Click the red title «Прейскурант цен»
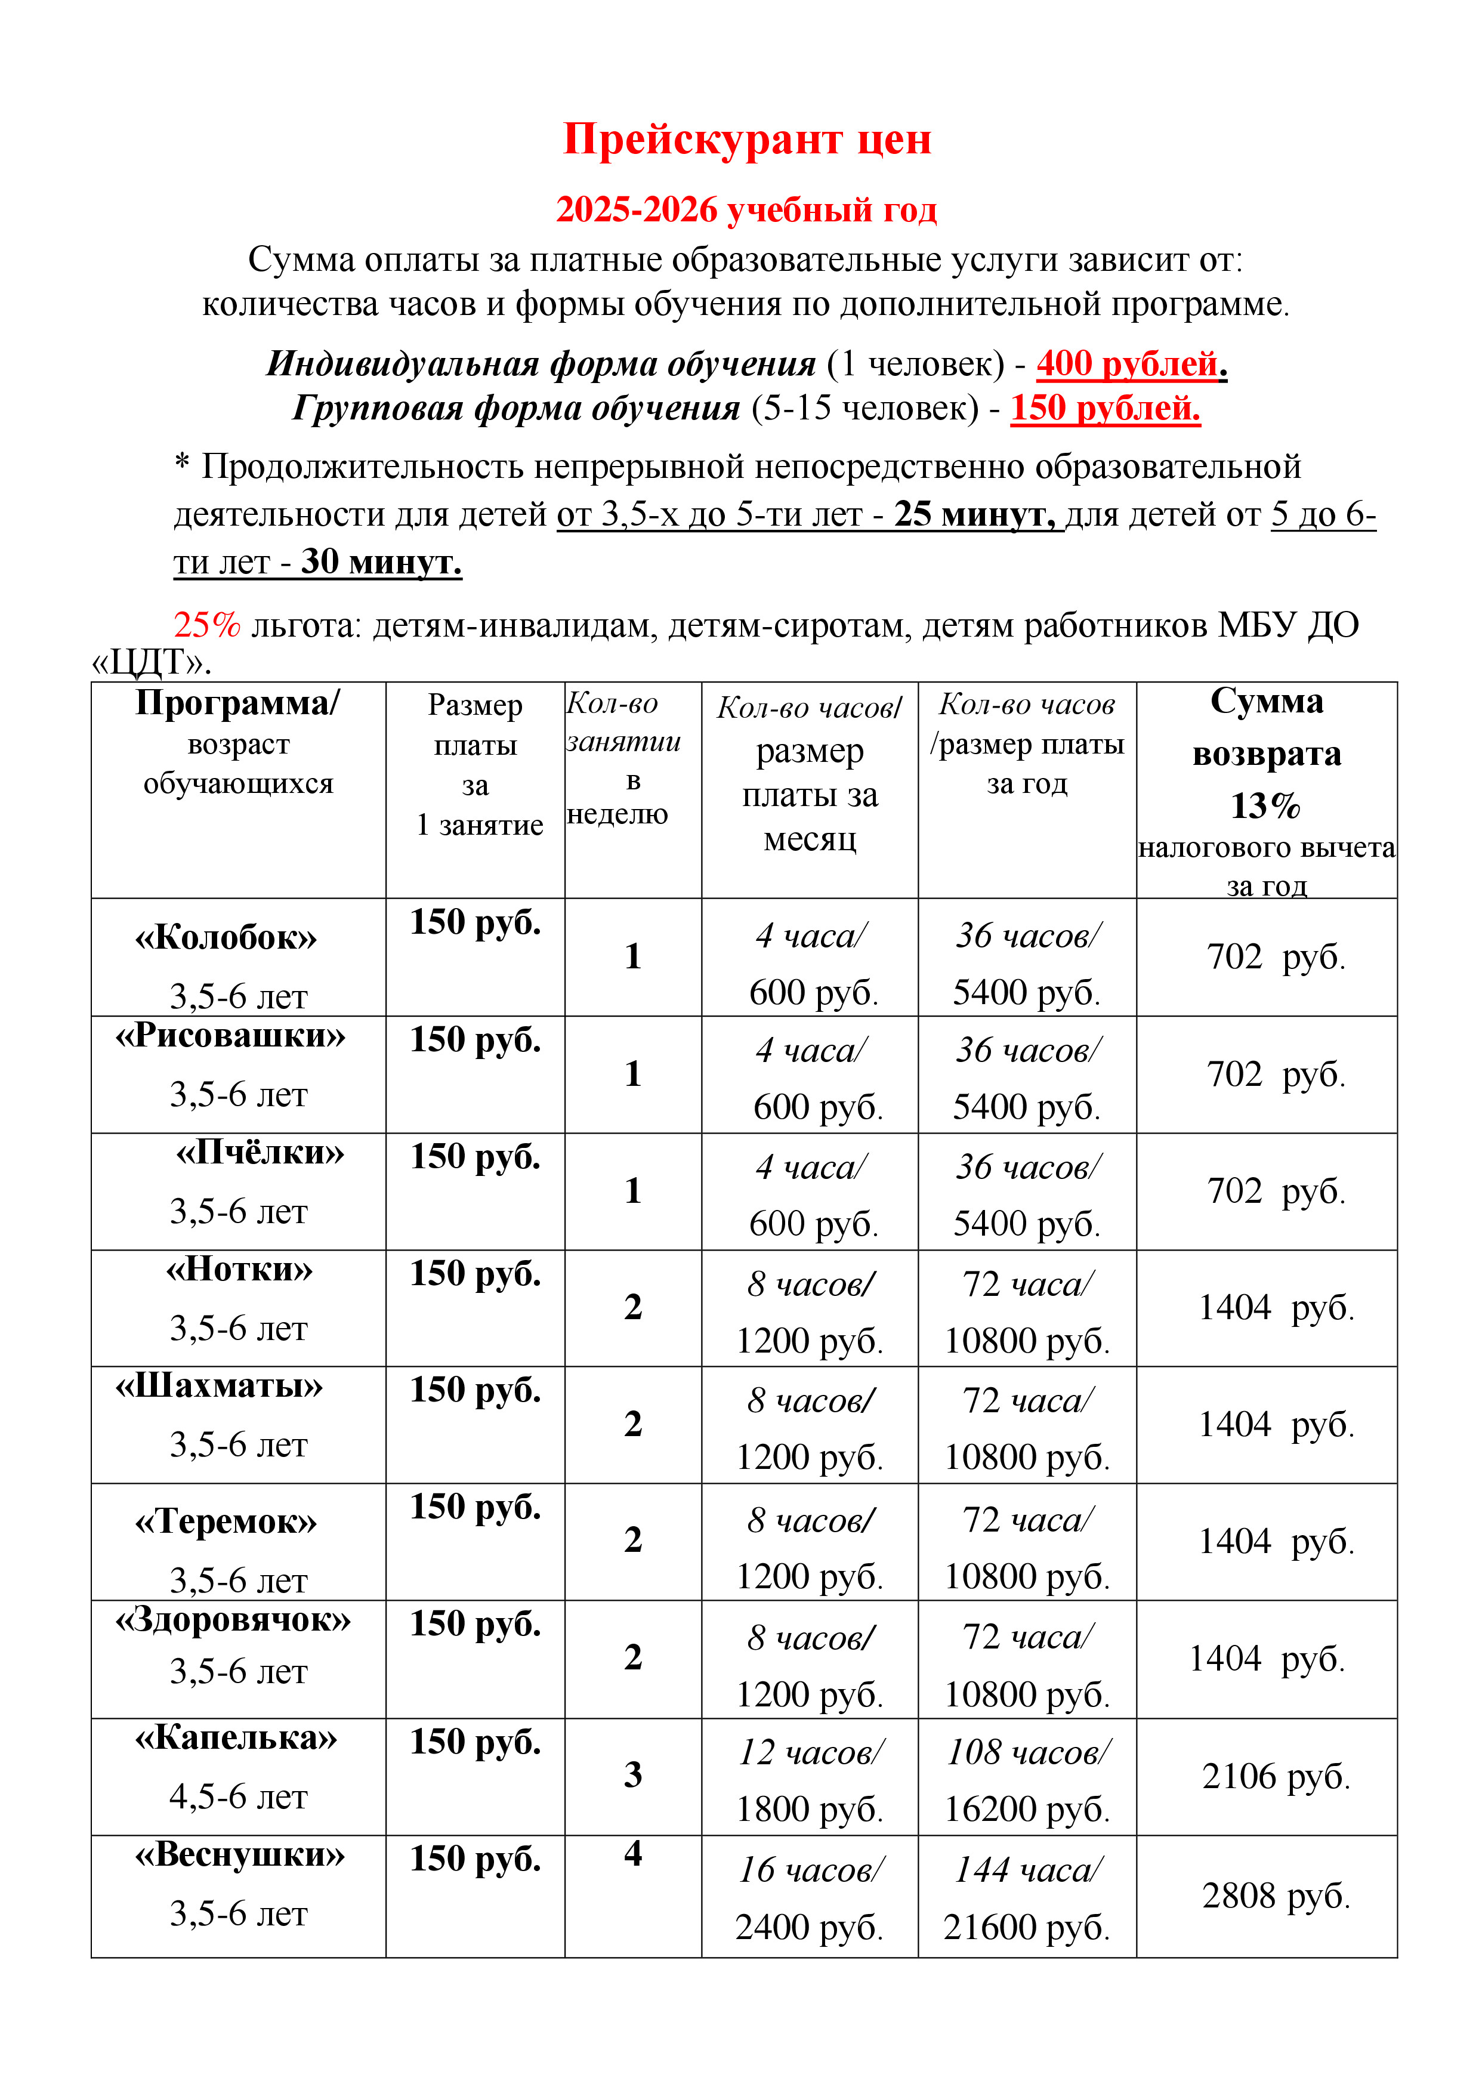(x=746, y=140)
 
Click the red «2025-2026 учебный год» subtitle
(x=746, y=209)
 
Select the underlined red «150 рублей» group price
(x=1104, y=408)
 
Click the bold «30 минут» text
(x=381, y=561)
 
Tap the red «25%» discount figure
(x=207, y=625)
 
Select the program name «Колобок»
(x=226, y=937)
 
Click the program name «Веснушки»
(x=240, y=1854)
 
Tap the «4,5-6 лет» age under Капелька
(x=239, y=1796)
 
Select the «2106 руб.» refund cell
(x=1275, y=1776)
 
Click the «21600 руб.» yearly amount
(x=1026, y=1927)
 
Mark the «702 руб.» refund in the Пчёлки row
(x=1275, y=1190)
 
